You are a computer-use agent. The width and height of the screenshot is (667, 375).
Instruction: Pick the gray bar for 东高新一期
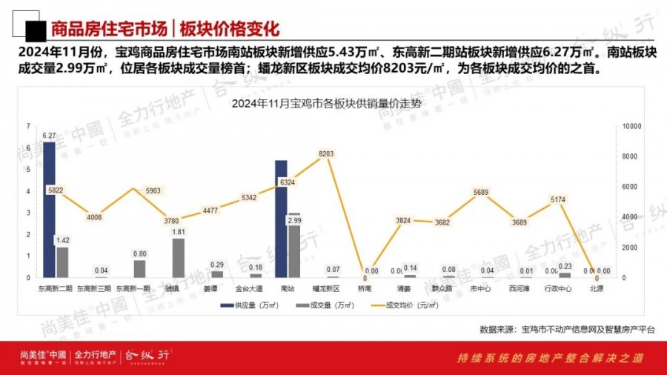(139, 268)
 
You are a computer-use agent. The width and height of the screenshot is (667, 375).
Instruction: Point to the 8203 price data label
(326, 153)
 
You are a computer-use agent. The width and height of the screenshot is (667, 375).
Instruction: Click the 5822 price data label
(56, 190)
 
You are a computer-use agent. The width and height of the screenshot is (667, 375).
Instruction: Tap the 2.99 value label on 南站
(294, 221)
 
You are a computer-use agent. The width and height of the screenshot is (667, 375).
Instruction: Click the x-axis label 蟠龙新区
(326, 288)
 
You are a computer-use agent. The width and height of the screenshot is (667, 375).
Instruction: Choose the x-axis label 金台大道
(248, 288)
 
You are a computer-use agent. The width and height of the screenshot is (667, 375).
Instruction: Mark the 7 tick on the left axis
(27, 127)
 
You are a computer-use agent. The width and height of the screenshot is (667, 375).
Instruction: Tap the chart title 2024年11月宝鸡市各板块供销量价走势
(326, 103)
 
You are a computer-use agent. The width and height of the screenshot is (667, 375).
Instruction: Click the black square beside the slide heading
(32, 30)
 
